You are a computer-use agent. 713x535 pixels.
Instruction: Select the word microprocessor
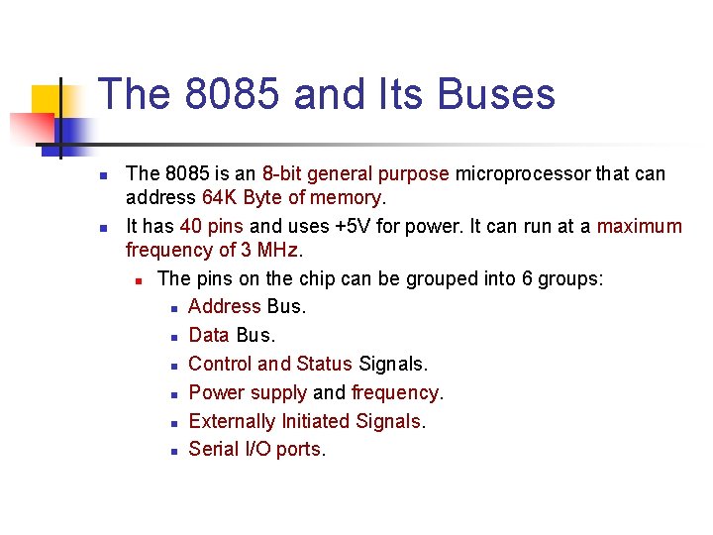click(522, 174)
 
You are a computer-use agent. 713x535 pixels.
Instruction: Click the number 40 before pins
click(192, 226)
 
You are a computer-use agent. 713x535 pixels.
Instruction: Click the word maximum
click(640, 226)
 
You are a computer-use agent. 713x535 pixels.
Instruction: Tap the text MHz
click(278, 251)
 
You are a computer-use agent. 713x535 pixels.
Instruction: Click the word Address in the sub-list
click(224, 306)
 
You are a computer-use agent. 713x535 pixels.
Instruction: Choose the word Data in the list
click(209, 335)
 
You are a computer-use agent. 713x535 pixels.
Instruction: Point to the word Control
click(220, 364)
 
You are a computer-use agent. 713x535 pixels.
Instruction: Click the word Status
click(324, 364)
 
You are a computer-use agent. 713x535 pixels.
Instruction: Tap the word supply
click(278, 393)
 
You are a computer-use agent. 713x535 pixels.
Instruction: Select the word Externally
click(232, 421)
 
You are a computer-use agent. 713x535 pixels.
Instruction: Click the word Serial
click(213, 449)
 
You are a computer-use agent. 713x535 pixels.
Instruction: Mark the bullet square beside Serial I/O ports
click(173, 451)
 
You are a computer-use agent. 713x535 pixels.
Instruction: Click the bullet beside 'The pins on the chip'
click(142, 280)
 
